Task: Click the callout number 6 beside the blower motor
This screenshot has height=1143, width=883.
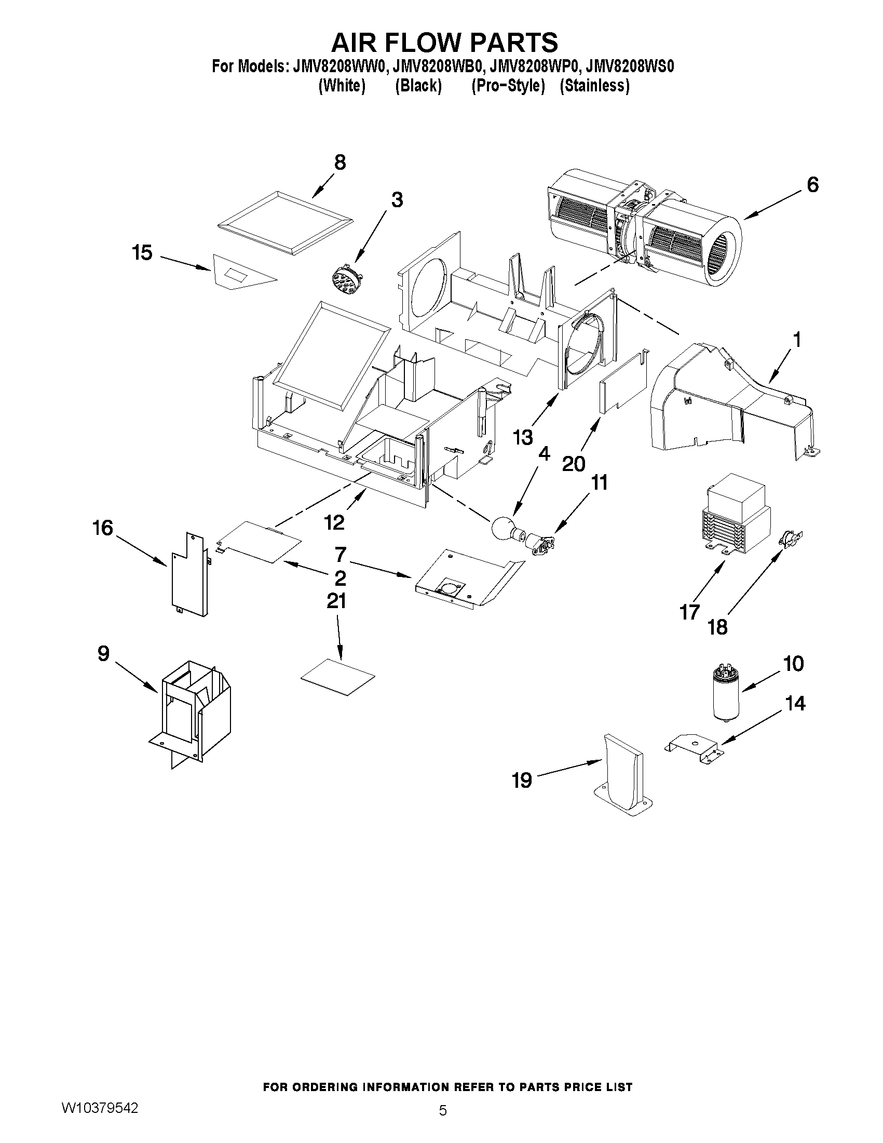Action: coord(812,185)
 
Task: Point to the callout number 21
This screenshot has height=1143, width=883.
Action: coord(336,601)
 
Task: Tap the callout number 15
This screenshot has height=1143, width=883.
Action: coord(142,253)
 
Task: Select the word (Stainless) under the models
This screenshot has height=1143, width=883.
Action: coord(594,85)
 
